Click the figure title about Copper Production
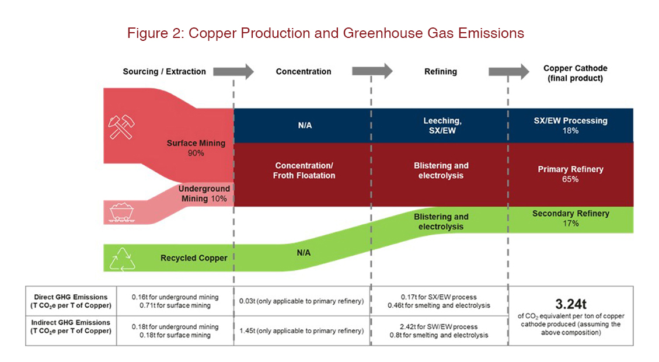click(x=325, y=33)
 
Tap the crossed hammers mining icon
click(x=121, y=126)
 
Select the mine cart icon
click(x=121, y=212)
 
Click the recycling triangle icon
click(x=123, y=259)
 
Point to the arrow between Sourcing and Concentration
click(x=233, y=71)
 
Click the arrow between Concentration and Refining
click(x=372, y=71)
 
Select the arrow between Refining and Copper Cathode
click(x=508, y=71)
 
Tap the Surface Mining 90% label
click(x=196, y=148)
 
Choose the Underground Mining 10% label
click(x=204, y=193)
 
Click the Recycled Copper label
click(x=194, y=257)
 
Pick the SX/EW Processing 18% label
click(x=570, y=126)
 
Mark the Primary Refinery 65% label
click(x=570, y=174)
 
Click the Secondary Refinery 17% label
click(x=570, y=218)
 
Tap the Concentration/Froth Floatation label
click(x=304, y=170)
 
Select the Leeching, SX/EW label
click(x=442, y=126)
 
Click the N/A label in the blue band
click(x=305, y=126)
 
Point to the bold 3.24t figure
click(x=570, y=304)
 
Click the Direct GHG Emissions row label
click(x=71, y=301)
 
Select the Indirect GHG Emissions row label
click(x=71, y=327)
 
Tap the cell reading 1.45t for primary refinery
click(x=301, y=331)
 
